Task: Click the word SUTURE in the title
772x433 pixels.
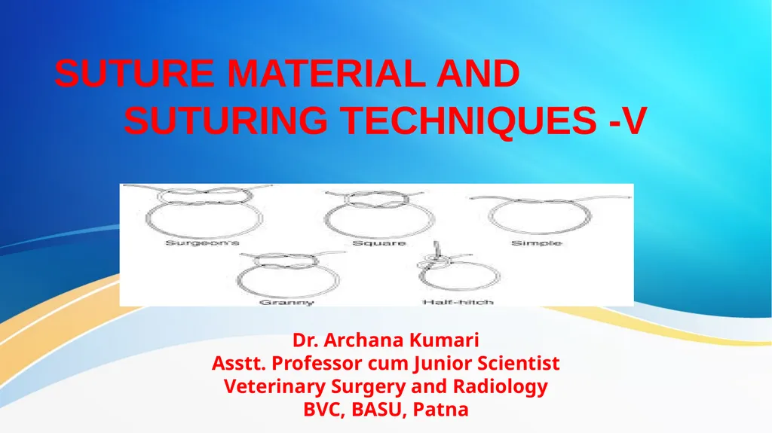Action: pos(134,74)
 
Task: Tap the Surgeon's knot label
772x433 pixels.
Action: pos(202,243)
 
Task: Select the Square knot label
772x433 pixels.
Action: pos(378,243)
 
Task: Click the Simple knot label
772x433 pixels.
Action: pos(536,243)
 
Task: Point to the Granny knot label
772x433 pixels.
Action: pos(286,302)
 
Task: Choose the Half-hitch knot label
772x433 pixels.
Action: pos(458,302)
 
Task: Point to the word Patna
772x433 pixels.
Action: pos(440,410)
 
